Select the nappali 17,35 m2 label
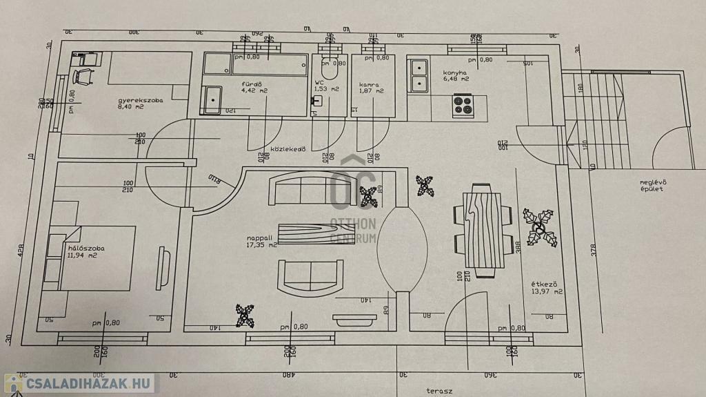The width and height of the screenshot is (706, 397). point(261,242)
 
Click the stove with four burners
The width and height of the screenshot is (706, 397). point(463,106)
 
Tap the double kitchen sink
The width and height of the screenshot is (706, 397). point(418,76)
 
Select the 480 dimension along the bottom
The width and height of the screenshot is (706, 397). point(288,375)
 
